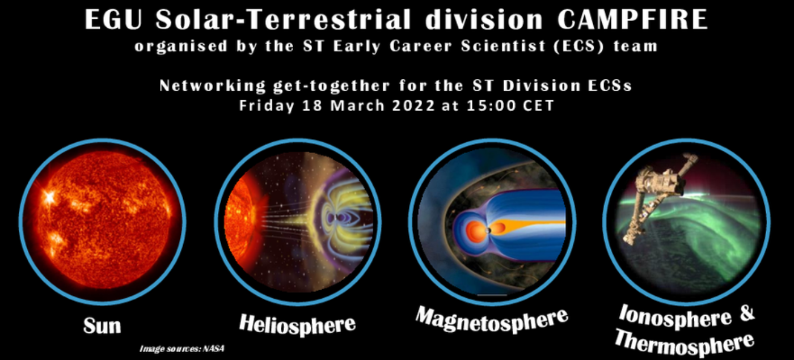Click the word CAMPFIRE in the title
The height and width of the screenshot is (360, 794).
point(632,20)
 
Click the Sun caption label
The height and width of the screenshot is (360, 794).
point(102,325)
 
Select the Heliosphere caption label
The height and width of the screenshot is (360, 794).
point(297,323)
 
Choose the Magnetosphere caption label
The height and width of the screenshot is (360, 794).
point(491,321)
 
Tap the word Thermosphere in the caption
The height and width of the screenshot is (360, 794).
point(684,342)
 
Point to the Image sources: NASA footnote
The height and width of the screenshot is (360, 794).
point(181,348)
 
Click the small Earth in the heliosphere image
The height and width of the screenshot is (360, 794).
point(338,218)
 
